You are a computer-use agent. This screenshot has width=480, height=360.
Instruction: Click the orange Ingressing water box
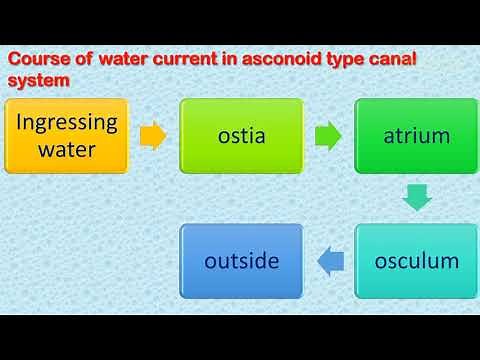[67, 136]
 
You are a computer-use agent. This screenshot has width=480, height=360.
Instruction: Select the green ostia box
[241, 136]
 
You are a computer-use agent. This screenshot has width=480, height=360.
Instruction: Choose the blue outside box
[241, 262]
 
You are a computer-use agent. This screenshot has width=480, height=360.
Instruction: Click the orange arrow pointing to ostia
[153, 136]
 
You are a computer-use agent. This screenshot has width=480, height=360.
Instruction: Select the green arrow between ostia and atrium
[327, 136]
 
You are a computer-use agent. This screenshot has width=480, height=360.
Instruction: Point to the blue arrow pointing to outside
[331, 262]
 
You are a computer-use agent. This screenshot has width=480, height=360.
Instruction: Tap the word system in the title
[39, 82]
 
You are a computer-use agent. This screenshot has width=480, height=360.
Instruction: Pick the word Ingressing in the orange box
[67, 123]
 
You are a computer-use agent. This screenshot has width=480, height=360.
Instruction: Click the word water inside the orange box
[67, 150]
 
